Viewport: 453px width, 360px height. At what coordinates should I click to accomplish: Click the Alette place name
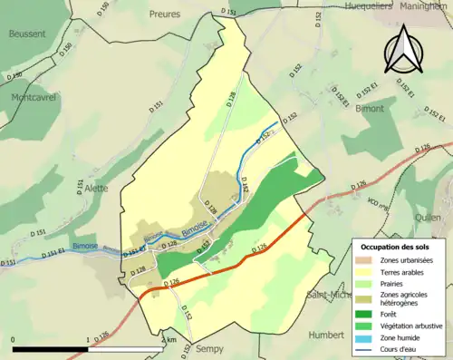[x=96, y=188]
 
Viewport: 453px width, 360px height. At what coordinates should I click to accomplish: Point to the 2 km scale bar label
[x=169, y=339]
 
